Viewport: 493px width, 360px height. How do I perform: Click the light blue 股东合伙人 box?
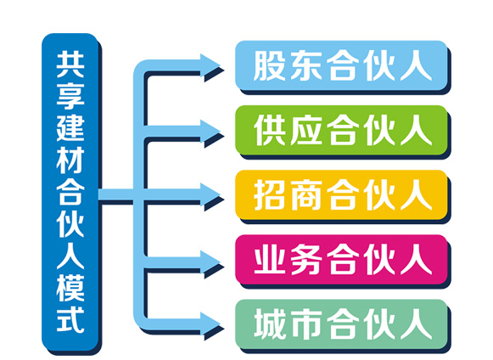tap(341, 65)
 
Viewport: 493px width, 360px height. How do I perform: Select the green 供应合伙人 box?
tap(341, 130)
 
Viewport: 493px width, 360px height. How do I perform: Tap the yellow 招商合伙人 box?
tap(341, 194)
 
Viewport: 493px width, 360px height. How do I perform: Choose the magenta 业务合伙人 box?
tap(341, 260)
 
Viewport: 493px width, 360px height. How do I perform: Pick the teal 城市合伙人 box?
tap(341, 324)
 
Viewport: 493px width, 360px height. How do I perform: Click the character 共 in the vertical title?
tap(70, 65)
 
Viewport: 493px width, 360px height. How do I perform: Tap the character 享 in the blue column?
tap(70, 96)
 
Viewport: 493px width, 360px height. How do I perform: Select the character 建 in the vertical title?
tap(70, 128)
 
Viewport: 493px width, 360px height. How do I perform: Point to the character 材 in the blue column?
tap(70, 160)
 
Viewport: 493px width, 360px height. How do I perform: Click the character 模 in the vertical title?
tap(70, 287)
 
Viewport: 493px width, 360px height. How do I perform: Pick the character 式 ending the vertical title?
tap(70, 319)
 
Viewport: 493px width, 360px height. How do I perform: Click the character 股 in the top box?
tap(269, 65)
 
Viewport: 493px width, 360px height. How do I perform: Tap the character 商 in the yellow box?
tap(306, 195)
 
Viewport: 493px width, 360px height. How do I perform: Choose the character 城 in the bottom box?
tap(269, 324)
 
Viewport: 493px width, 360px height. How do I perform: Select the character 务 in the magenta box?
tap(306, 260)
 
